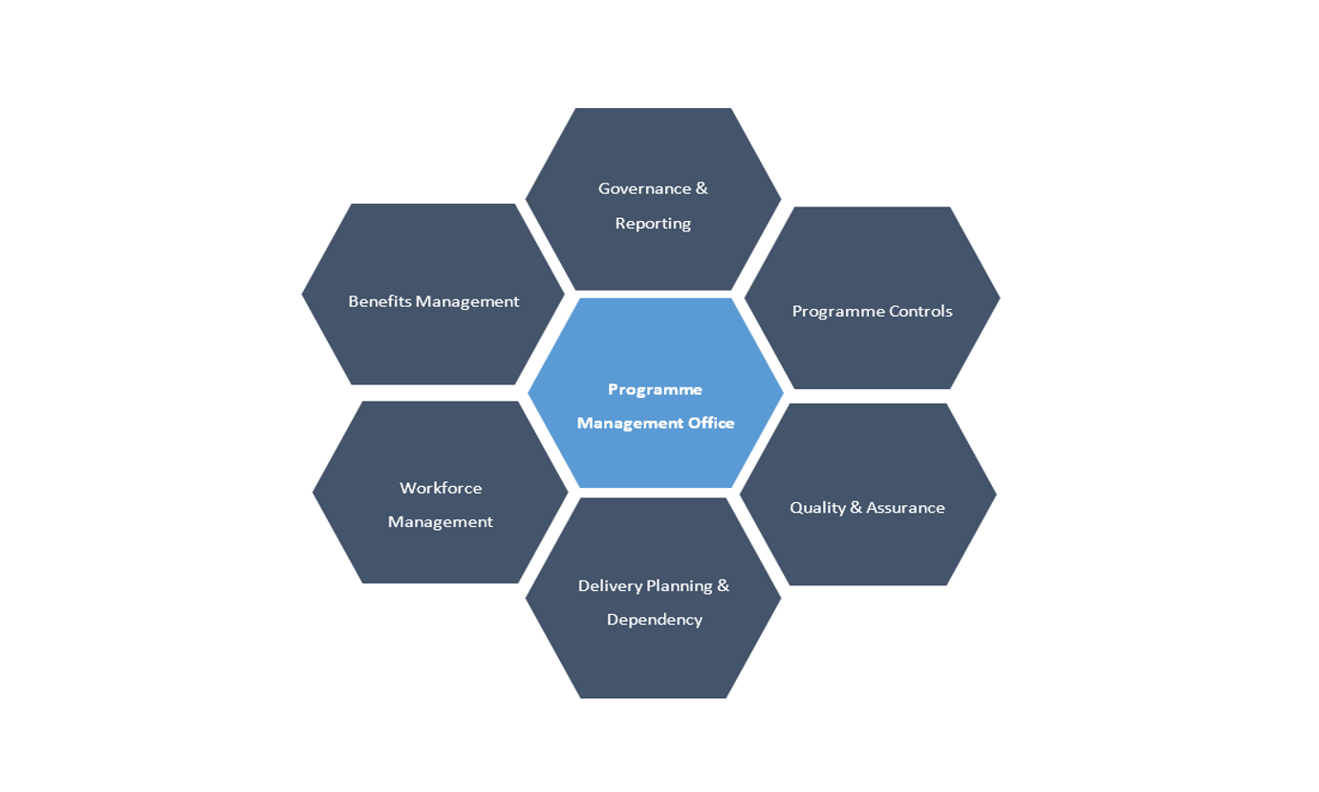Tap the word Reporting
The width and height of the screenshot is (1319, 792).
click(x=653, y=224)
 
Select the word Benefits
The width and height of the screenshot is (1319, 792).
click(x=378, y=301)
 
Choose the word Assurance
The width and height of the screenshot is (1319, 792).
click(x=905, y=508)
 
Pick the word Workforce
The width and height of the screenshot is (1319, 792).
click(x=441, y=488)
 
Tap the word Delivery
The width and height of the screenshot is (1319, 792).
click(x=609, y=585)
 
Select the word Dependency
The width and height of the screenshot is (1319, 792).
click(x=655, y=620)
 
